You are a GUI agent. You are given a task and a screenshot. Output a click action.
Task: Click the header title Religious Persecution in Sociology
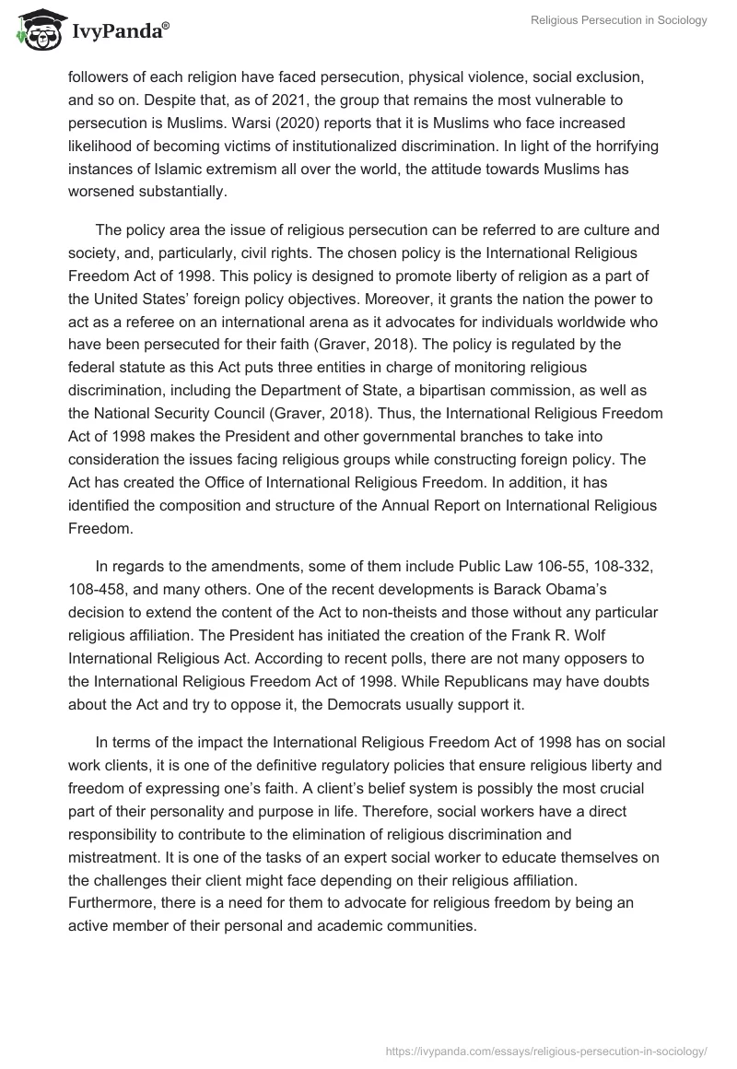(618, 20)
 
